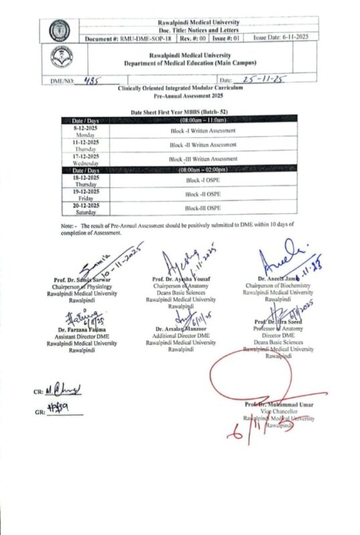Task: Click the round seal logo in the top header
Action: click(x=60, y=29)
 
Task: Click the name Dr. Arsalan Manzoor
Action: click(x=181, y=329)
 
